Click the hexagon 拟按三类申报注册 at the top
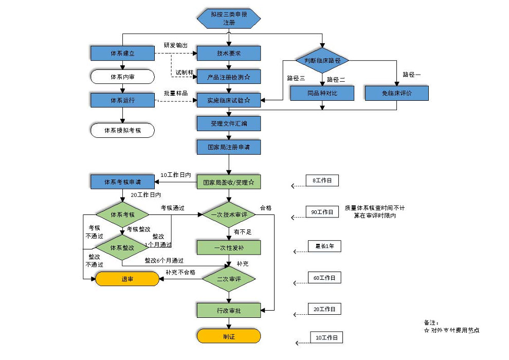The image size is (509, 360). pyautogui.click(x=229, y=19)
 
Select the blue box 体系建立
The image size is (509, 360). pyautogui.click(x=122, y=53)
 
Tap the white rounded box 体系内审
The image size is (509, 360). pyautogui.click(x=122, y=77)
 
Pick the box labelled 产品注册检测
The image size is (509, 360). pyautogui.click(x=229, y=77)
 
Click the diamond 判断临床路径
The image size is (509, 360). pyautogui.click(x=322, y=61)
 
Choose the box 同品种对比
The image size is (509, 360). pyautogui.click(x=322, y=93)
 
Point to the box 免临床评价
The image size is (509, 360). pyautogui.click(x=396, y=93)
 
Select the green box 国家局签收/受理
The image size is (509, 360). pyautogui.click(x=229, y=182)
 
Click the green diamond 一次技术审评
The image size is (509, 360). pyautogui.click(x=229, y=214)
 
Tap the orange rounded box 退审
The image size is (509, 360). pyautogui.click(x=127, y=279)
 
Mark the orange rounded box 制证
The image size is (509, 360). pyautogui.click(x=229, y=336)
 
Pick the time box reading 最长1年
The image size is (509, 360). pyautogui.click(x=324, y=246)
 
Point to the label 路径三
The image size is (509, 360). pyautogui.click(x=296, y=79)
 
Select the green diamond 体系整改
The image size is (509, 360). pyautogui.click(x=122, y=247)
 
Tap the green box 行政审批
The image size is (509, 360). pyautogui.click(x=229, y=310)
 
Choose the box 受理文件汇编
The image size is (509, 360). pyautogui.click(x=229, y=123)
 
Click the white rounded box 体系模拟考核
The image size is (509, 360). pyautogui.click(x=122, y=131)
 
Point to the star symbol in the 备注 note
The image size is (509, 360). pyautogui.click(x=426, y=331)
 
